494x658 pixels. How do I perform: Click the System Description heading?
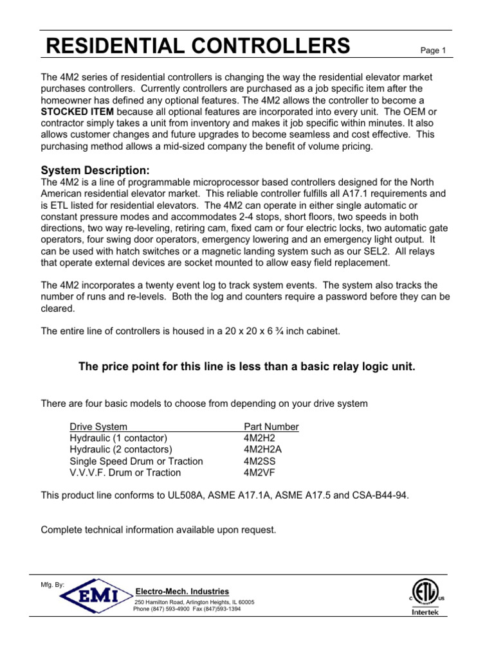click(95, 170)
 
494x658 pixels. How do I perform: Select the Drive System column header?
click(98, 427)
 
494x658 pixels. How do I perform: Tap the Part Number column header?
click(271, 427)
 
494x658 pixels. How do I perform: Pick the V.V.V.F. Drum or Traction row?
click(125, 472)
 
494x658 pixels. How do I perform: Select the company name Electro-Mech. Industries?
click(181, 591)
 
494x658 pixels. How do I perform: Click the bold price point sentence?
click(247, 366)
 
